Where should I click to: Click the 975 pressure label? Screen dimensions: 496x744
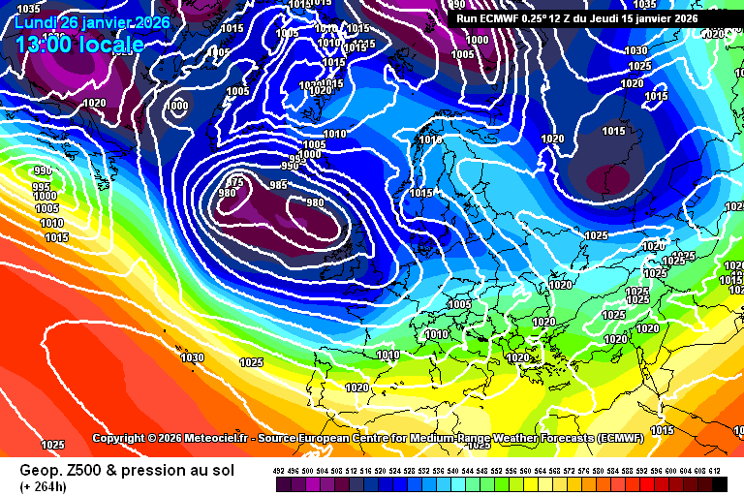(x=235, y=181)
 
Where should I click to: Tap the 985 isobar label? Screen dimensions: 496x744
(x=278, y=185)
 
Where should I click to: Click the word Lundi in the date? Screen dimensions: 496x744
(x=35, y=22)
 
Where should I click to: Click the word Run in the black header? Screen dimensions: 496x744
(x=467, y=17)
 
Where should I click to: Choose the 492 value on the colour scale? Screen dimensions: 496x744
(x=280, y=471)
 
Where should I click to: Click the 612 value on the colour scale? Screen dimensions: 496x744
(x=715, y=471)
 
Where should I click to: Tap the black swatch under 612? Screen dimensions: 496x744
(x=717, y=482)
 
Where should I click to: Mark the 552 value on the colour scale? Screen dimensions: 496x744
(x=497, y=471)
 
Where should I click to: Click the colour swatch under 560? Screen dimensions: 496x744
(x=526, y=482)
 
